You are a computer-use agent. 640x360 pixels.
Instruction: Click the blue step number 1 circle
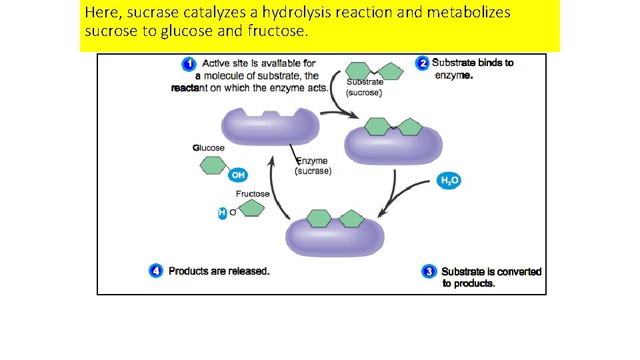point(189,64)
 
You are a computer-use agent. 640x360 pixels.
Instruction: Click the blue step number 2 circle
point(421,63)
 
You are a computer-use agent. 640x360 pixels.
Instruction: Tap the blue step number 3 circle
point(429,271)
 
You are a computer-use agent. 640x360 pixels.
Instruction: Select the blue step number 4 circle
point(155,271)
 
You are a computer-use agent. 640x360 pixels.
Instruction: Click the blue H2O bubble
point(449,181)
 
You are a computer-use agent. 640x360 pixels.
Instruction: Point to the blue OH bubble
point(237,175)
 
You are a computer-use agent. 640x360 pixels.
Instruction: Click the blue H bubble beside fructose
point(223,213)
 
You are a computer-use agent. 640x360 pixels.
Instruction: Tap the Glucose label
point(209,148)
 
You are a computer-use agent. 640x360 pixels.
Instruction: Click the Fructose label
point(253,194)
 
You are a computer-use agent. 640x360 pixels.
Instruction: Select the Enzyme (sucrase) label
point(313,166)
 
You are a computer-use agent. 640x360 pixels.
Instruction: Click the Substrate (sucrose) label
point(365,87)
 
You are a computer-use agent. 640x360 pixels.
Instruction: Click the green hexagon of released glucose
point(213,165)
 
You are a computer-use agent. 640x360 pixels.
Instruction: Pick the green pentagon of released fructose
point(252,209)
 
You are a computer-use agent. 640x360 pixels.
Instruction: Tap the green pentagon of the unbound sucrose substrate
point(391,71)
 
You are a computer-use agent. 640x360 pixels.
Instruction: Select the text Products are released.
point(219,271)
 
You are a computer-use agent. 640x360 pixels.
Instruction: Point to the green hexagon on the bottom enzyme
point(319,218)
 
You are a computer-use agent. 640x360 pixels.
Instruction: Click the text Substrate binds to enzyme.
point(473,69)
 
